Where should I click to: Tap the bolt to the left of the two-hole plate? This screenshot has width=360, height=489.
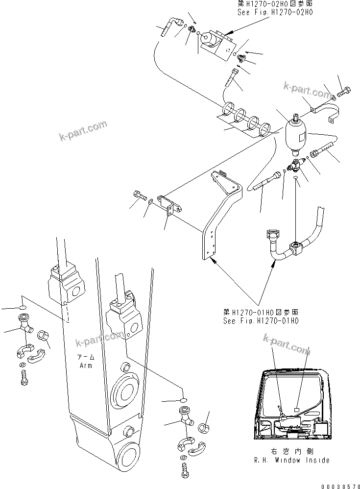[140, 196]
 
